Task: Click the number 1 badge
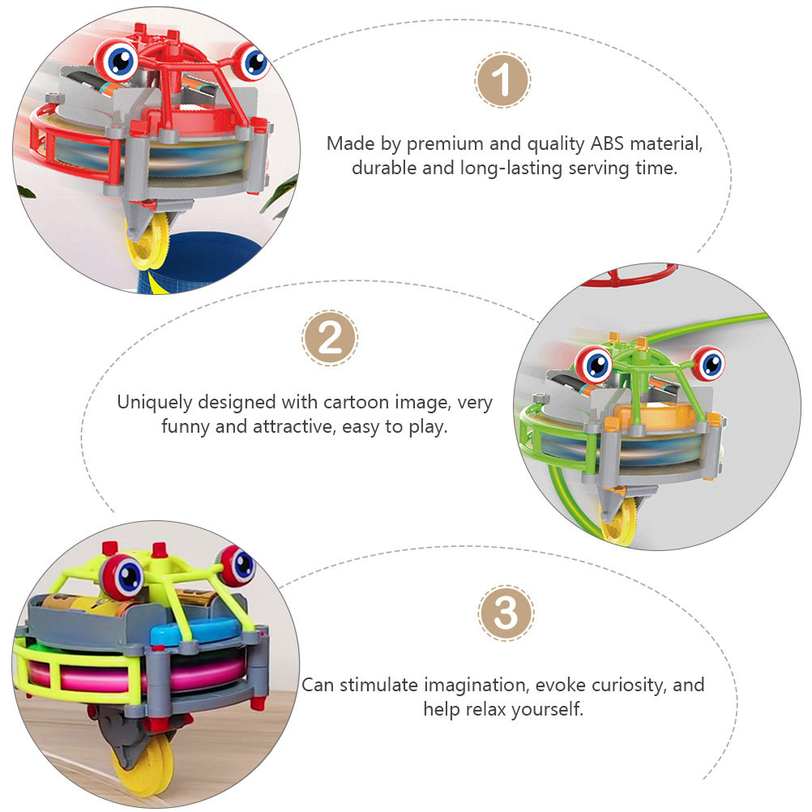click(x=502, y=79)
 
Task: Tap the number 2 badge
click(x=330, y=338)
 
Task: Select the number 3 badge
click(x=506, y=613)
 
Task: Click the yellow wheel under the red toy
click(x=148, y=242)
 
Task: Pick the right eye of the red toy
click(x=250, y=61)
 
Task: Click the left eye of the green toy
click(x=595, y=364)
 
